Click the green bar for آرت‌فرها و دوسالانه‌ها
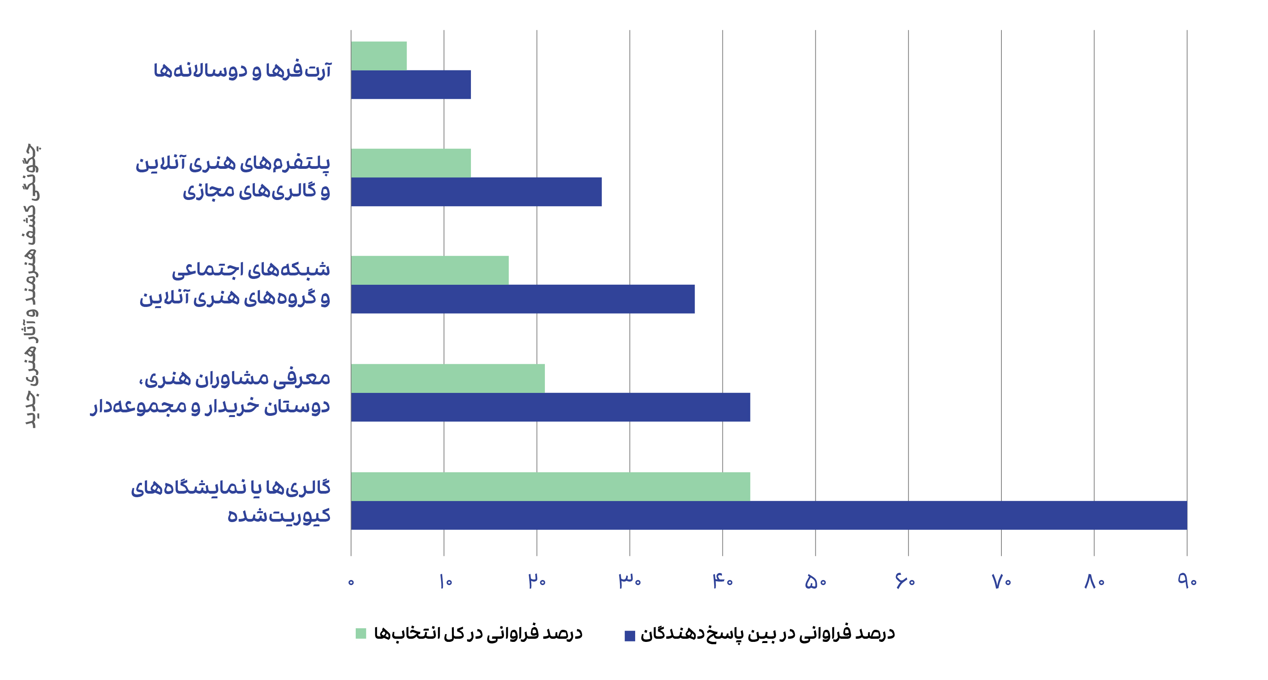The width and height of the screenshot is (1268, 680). click(x=379, y=56)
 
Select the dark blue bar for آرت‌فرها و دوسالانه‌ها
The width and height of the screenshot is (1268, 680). click(x=411, y=85)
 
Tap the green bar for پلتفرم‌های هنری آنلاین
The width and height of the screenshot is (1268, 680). click(x=411, y=163)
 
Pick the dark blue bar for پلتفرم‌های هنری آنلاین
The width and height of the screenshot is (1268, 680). click(x=476, y=192)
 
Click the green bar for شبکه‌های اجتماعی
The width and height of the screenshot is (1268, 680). click(x=430, y=270)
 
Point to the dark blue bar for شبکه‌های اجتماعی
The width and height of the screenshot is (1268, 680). click(x=523, y=299)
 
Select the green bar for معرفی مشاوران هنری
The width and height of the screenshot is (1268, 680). click(x=448, y=379)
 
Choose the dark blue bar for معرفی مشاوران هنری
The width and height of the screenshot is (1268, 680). click(x=550, y=407)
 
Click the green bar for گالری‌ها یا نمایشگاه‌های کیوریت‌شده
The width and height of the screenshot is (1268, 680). click(x=550, y=487)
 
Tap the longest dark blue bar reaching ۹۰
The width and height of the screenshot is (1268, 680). click(x=769, y=515)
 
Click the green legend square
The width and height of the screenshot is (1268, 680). click(x=361, y=634)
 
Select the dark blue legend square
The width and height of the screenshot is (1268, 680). click(x=630, y=636)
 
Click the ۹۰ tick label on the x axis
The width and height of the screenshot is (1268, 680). click(x=1187, y=582)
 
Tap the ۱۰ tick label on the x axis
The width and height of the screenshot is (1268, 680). click(x=445, y=582)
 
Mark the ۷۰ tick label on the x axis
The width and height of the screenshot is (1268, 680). click(x=1001, y=582)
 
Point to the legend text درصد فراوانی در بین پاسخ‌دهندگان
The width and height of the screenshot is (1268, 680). click(x=767, y=634)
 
